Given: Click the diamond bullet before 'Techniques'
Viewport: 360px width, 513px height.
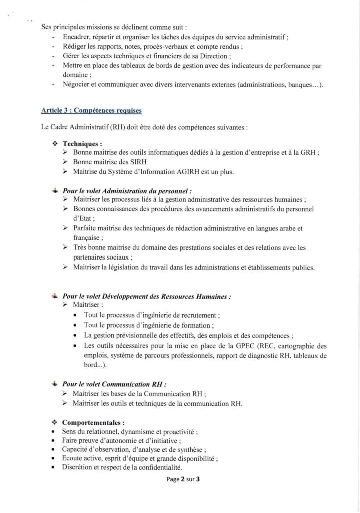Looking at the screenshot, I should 55,143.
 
